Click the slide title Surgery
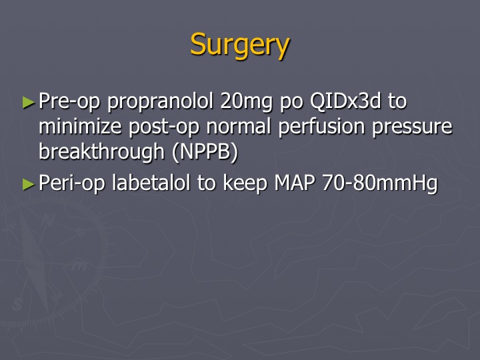[240, 45]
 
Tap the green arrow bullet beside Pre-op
[29, 102]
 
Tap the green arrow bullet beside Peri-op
[29, 184]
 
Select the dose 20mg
[246, 102]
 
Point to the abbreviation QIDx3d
[345, 101]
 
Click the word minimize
[80, 126]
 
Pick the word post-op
[164, 127]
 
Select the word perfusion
[321, 127]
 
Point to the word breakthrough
[101, 153]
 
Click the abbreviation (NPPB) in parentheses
[205, 152]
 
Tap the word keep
[245, 184]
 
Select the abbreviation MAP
[295, 183]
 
